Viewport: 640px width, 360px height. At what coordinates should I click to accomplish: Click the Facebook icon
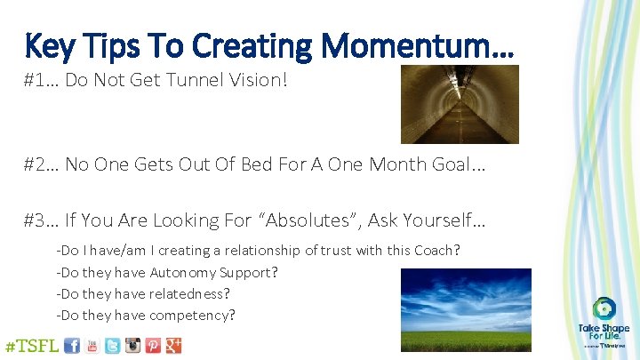72,345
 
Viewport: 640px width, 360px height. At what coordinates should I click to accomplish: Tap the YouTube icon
92,345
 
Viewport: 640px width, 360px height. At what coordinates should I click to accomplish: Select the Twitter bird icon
112,345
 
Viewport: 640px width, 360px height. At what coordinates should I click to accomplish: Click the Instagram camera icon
132,345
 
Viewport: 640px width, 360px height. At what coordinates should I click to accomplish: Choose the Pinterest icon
153,345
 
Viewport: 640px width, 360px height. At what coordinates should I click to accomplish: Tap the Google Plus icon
173,345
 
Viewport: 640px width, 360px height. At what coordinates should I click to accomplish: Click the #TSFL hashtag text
32,345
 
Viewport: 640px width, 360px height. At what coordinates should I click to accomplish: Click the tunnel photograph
459,105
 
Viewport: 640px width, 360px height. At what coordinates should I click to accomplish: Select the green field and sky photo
466,306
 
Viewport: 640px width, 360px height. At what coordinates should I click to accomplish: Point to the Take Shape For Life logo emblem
604,309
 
